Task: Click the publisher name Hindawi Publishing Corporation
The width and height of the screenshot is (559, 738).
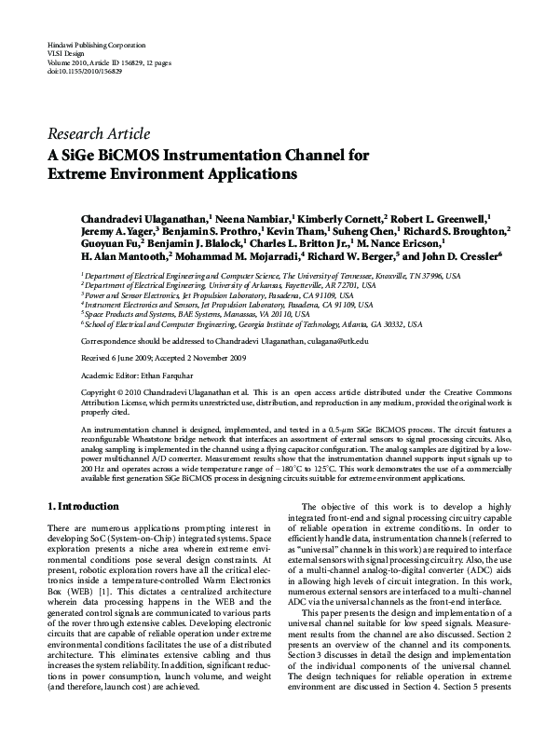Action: pos(89,46)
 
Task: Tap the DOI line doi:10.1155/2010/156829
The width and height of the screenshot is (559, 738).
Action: pos(84,71)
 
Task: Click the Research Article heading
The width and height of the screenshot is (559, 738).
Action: pos(98,133)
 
